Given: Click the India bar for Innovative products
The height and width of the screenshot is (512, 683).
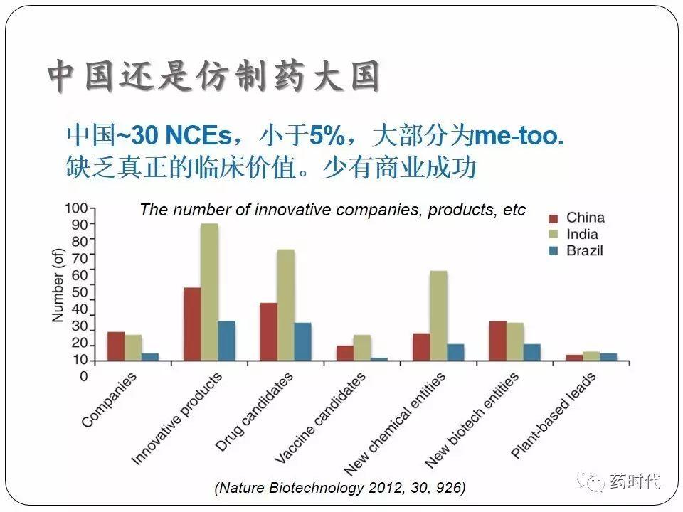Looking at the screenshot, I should (209, 292).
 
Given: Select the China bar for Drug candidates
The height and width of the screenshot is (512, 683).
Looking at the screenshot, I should (268, 331).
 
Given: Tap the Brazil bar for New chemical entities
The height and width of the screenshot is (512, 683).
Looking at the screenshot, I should (455, 352).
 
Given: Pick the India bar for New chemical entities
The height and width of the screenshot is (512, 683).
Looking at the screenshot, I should (438, 316).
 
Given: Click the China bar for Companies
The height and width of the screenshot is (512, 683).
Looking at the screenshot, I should (116, 346).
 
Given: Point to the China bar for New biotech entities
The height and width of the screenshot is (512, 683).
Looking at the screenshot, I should (497, 341).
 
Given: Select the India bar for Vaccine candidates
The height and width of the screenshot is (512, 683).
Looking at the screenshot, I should (362, 348).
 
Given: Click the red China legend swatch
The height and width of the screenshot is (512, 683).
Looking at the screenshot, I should (554, 218).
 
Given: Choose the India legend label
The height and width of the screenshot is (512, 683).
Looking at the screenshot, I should (582, 234).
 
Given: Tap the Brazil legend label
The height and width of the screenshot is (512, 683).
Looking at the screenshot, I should (585, 250).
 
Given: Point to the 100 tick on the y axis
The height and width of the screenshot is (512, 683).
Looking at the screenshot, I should (76, 208).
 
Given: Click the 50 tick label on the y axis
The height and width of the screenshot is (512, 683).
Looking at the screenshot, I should (79, 292).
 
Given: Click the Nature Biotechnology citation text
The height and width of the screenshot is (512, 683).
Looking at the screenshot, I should (340, 488).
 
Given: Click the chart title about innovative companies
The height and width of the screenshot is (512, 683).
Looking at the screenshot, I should (332, 210).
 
